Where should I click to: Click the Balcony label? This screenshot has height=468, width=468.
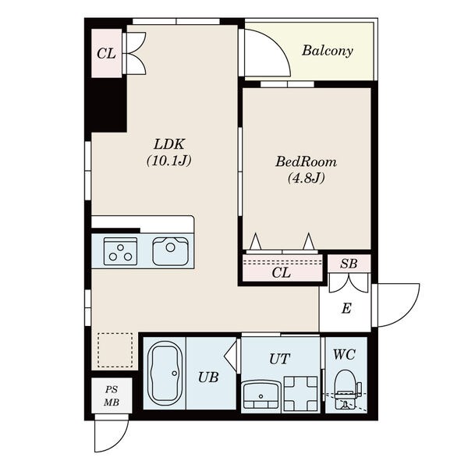327,51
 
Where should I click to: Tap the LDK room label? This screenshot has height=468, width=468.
169,144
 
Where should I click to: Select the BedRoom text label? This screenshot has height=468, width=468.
306,161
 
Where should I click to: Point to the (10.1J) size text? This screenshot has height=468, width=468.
169,161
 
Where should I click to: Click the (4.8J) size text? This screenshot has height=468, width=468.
307,178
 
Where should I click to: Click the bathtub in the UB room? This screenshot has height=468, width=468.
165,373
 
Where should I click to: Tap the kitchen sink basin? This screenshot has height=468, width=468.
170,251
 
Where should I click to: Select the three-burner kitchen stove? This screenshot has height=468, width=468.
120,251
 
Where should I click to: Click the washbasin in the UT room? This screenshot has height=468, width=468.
261,394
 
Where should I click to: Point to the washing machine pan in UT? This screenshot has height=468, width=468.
300,393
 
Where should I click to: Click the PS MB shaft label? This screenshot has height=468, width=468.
112,396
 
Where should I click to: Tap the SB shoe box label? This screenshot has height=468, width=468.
349,264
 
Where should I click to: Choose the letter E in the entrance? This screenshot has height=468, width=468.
346,308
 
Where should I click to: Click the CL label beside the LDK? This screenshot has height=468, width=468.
106,54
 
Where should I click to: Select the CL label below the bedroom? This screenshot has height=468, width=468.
281,272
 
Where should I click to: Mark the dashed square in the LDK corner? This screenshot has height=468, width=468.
115,350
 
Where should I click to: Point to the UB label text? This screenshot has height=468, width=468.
208,378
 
